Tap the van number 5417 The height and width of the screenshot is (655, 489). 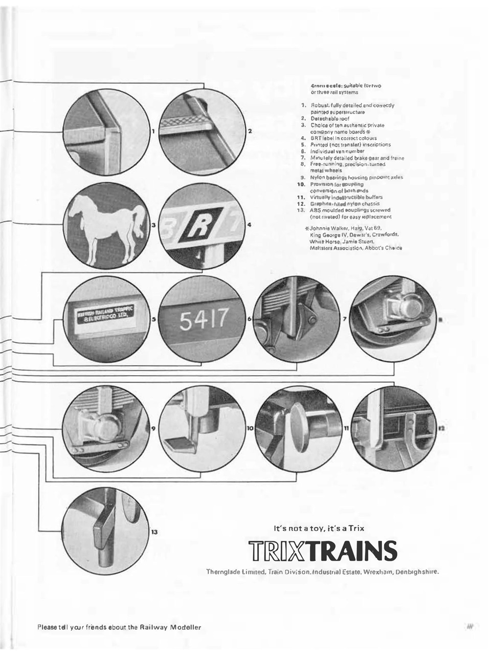pos(202,321)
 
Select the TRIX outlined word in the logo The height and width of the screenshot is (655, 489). pos(276,551)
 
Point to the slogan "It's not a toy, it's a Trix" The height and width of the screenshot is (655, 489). pos(320,527)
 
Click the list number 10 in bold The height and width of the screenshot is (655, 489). pos(301,184)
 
